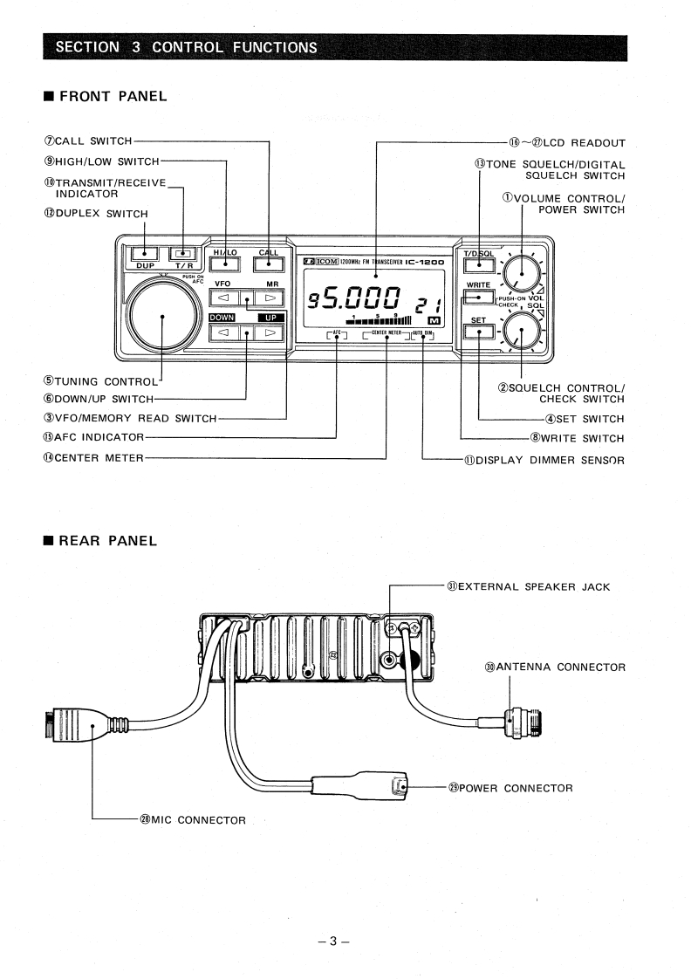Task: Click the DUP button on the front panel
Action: (x=144, y=254)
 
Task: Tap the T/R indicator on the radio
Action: (x=182, y=254)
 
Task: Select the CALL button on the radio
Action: (x=269, y=264)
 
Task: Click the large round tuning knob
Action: (x=161, y=317)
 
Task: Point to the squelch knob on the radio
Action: (x=522, y=330)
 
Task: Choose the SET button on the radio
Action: (x=479, y=332)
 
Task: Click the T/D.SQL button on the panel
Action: (x=479, y=264)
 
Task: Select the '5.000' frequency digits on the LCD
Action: (x=361, y=298)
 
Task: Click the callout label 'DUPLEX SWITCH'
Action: (x=96, y=214)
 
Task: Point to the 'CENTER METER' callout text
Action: (x=93, y=458)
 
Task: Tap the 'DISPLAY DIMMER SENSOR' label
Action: (x=544, y=460)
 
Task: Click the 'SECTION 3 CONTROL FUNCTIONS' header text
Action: (x=186, y=47)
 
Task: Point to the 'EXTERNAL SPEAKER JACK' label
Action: (x=528, y=587)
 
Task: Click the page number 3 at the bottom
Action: (x=333, y=941)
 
